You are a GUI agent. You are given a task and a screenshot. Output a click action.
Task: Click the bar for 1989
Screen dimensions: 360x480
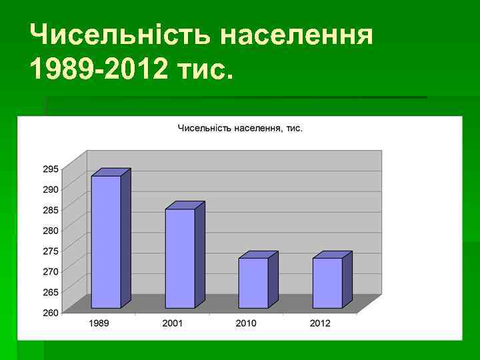106,241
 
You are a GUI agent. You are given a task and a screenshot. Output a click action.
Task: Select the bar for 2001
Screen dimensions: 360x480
180,258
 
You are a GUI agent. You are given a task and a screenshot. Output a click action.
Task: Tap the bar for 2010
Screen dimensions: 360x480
253,283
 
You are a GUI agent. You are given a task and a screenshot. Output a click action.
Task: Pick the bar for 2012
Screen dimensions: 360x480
327,283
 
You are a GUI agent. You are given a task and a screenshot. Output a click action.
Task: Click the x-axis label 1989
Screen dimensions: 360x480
99,323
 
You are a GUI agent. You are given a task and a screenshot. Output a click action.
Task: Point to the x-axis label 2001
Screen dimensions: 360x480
173,323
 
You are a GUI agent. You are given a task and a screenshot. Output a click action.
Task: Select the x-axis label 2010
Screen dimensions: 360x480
246,323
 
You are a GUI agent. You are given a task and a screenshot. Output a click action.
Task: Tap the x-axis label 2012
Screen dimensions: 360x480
319,323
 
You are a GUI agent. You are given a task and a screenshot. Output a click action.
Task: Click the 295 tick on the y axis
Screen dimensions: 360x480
51,169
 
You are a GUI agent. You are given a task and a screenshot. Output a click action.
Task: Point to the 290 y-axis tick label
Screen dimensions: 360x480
51,189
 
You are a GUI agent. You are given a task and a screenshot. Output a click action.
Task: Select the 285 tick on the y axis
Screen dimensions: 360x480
51,210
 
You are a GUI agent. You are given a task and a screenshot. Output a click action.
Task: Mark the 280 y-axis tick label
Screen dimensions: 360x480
51,230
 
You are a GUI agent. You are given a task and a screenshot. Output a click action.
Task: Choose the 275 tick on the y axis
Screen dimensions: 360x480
51,251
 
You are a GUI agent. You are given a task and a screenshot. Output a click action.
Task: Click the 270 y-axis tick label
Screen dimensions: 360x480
51,271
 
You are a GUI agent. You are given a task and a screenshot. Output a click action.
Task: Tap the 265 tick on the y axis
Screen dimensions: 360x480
51,292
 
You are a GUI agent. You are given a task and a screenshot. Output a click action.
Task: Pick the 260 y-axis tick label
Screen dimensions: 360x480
51,312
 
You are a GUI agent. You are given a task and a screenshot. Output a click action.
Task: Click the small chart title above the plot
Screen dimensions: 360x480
240,128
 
